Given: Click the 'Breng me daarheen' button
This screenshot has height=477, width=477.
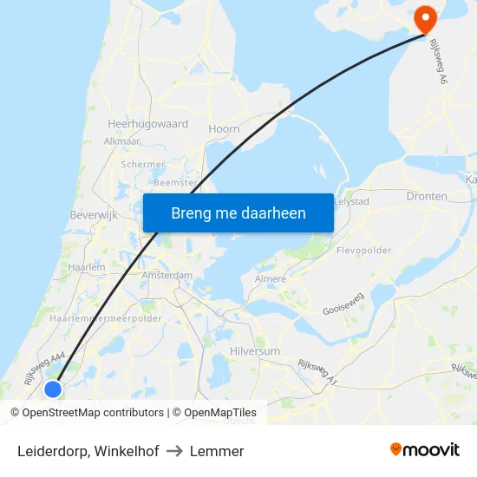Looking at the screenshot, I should tap(238, 212).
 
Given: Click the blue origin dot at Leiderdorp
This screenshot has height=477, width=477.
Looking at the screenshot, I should tap(53, 389).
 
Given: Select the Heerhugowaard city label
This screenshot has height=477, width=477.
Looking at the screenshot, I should tap(147, 124).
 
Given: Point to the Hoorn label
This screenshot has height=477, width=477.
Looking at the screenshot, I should tap(224, 128).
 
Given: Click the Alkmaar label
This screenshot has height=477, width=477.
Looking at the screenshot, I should tap(121, 140).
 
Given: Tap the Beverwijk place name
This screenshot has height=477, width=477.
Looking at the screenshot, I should tap(93, 214).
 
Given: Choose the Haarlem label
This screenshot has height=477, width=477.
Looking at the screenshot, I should tap(86, 267).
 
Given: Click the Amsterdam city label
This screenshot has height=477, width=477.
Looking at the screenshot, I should tap(167, 275).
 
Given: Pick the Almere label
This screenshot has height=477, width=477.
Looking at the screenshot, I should tap(271, 279).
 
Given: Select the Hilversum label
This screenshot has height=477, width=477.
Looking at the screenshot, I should tap(255, 350).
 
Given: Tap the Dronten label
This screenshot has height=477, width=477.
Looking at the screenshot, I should tap(427, 197).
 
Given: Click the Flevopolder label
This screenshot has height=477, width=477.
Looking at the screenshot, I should tap(363, 251).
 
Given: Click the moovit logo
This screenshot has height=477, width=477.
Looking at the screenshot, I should tap(425, 450).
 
